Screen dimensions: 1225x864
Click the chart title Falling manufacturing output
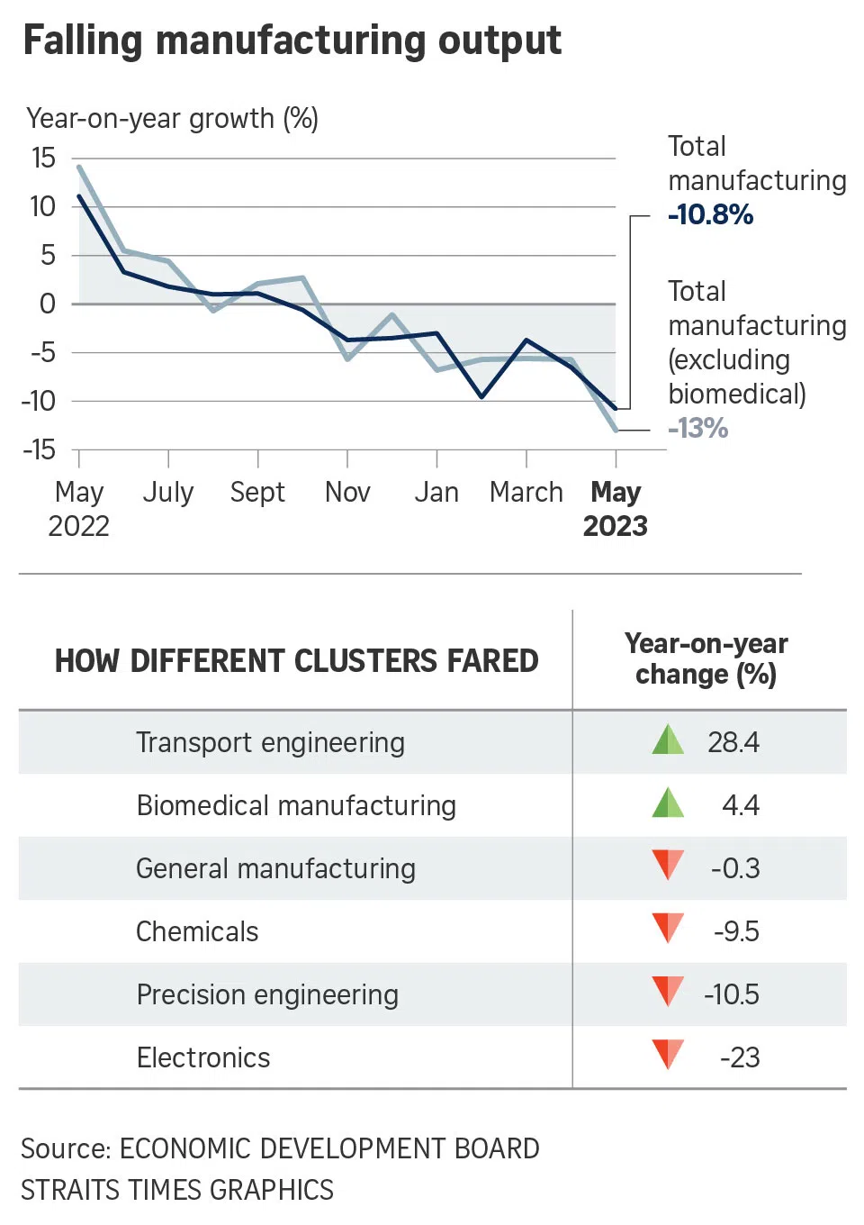pos(292,41)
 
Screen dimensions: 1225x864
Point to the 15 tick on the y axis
pos(43,159)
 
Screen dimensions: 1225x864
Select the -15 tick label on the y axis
pos(40,449)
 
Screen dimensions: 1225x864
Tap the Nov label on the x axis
pos(347,492)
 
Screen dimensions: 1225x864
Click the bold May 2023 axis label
pos(616,509)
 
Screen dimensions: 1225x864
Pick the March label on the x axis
pos(526,492)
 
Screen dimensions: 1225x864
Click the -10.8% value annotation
pos(710,215)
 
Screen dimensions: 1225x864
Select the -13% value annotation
pos(697,428)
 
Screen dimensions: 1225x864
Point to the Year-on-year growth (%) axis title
pos(172,118)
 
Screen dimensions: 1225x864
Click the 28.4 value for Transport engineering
pos(733,742)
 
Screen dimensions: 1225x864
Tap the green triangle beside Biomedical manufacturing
pos(668,803)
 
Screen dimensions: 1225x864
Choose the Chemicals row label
pos(197,931)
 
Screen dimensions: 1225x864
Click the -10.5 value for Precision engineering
pos(731,994)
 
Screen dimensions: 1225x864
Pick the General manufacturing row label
pos(275,868)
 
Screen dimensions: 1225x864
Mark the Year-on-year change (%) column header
pos(706,659)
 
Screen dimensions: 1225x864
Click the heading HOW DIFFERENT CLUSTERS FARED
pos(296,661)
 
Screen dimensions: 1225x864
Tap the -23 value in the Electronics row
pos(739,1057)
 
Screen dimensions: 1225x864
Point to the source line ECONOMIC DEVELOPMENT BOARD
pos(280,1148)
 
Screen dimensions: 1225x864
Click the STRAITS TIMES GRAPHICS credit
pos(177,1190)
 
